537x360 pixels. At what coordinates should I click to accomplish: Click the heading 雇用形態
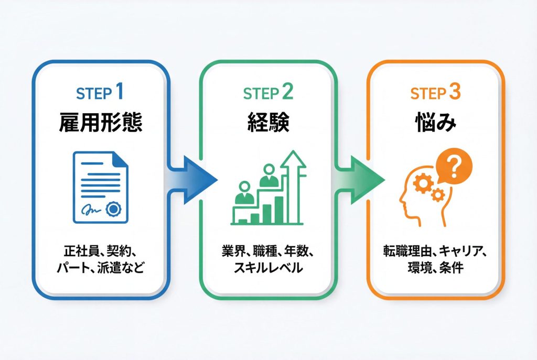(x=100, y=125)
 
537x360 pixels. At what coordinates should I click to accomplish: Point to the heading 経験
(x=267, y=125)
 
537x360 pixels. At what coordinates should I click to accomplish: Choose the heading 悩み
(x=435, y=125)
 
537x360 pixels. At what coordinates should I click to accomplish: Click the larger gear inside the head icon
(x=422, y=184)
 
